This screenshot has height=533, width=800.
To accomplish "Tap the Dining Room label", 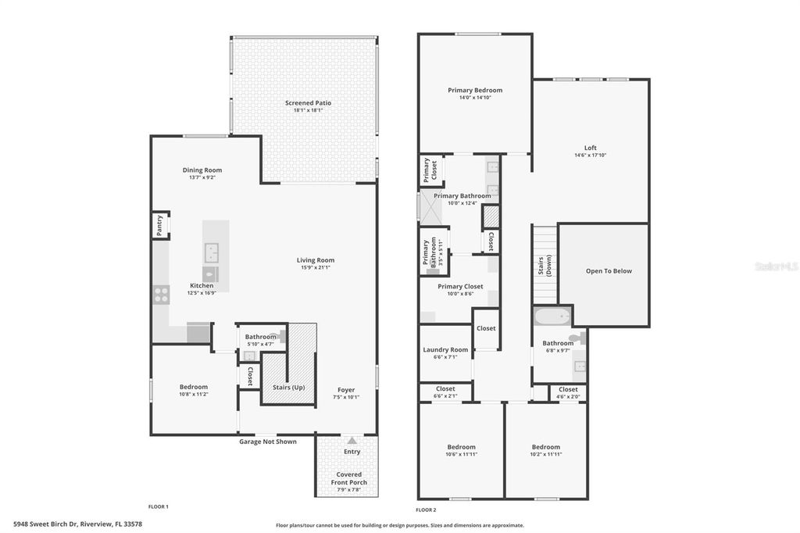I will (202, 170).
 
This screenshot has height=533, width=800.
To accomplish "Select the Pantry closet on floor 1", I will (160, 226).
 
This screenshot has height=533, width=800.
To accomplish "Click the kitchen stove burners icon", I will (161, 295).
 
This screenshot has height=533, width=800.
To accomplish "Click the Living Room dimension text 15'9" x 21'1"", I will (315, 267).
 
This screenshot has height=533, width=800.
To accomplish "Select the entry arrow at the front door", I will (352, 442).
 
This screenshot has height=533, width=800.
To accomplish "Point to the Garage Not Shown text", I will (267, 442).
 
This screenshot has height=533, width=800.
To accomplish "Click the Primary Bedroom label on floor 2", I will (475, 91).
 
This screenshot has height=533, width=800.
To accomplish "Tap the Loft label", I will (590, 148).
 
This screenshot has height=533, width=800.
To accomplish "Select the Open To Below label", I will (609, 271).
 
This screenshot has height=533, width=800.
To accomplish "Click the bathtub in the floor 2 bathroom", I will (552, 317).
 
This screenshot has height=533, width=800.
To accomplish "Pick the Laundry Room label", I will (445, 350).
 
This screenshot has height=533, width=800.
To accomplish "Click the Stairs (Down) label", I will (545, 266).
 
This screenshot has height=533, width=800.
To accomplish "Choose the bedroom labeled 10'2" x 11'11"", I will (545, 451).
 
